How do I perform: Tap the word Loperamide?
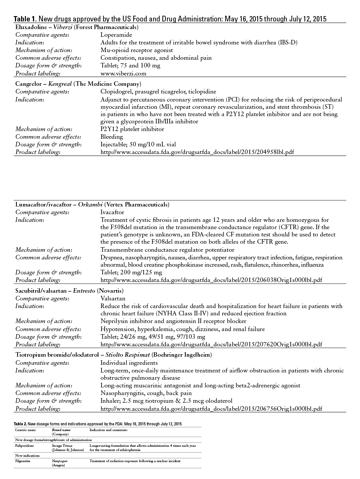(x=116, y=35)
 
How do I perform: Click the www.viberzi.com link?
(x=123, y=74)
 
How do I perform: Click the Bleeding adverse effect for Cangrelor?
(x=112, y=137)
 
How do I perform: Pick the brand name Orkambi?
(x=90, y=204)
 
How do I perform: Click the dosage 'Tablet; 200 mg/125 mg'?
(x=131, y=272)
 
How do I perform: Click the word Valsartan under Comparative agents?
(x=113, y=298)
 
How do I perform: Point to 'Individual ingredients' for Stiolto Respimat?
(x=129, y=363)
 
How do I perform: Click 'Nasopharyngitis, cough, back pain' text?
(x=146, y=393)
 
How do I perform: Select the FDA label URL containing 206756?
(x=211, y=408)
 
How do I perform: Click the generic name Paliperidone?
(x=24, y=446)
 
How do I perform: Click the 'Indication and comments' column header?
(x=108, y=430)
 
